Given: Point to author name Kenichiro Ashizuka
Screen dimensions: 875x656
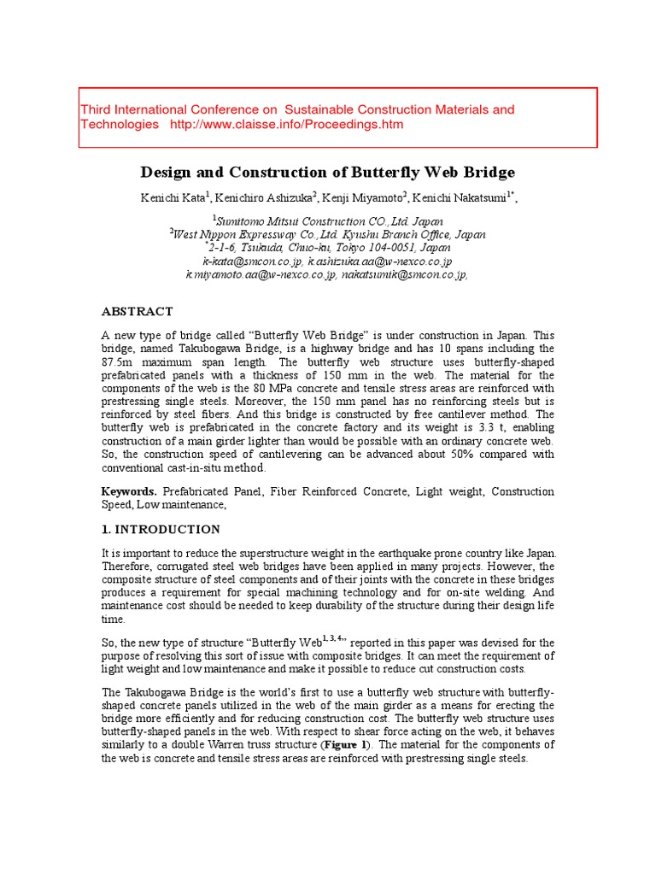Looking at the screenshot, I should pos(264,198).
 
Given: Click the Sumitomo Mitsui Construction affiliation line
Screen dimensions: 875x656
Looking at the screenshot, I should pos(327,220).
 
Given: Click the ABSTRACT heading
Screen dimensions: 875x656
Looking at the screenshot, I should pos(138,312).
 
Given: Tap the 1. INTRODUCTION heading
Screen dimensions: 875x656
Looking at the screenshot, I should pos(161,530).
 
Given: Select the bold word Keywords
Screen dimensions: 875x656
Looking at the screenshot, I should pos(129,492).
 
